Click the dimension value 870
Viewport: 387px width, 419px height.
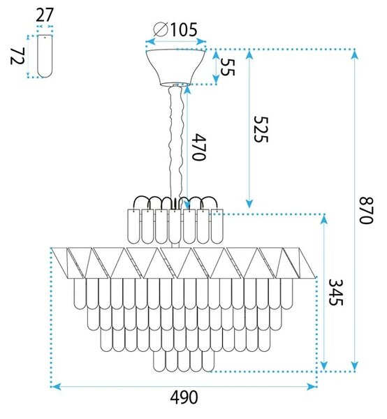[365, 210]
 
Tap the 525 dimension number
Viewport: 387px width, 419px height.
[261, 129]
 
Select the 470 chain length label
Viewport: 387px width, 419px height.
[199, 147]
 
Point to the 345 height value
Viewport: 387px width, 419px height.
[335, 293]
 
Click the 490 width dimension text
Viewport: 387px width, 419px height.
[184, 397]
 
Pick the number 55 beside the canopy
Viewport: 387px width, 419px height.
[228, 67]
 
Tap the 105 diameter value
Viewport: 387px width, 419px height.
[184, 29]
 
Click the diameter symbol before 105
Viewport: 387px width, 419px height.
[161, 29]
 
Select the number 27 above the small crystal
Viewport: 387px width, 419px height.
[45, 15]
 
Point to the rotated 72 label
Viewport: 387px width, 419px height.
[17, 56]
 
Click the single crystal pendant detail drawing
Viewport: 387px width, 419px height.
[45, 56]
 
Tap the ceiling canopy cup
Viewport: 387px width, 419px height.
[175, 67]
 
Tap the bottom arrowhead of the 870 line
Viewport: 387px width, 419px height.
[355, 366]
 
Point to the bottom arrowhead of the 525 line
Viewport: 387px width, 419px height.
[249, 203]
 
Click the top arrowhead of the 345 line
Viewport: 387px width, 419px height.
[324, 219]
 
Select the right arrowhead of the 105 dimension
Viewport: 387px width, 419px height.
[201, 41]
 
